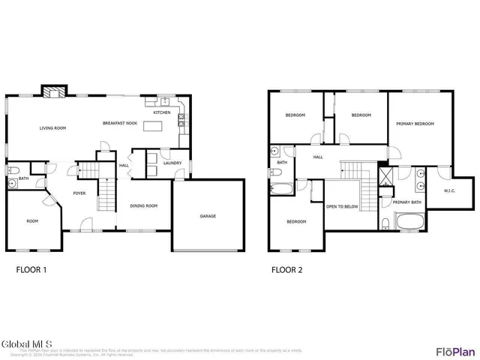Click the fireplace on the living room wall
(x=52, y=92)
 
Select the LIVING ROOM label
(x=53, y=128)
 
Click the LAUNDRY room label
(x=172, y=163)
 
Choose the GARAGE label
(x=208, y=216)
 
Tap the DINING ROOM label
(x=144, y=205)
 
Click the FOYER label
(x=79, y=193)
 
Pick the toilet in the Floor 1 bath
(x=13, y=182)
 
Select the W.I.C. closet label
(x=449, y=190)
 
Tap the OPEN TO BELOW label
(x=341, y=206)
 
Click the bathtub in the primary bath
(x=409, y=222)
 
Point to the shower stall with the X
(x=386, y=178)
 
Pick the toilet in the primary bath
(x=385, y=223)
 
